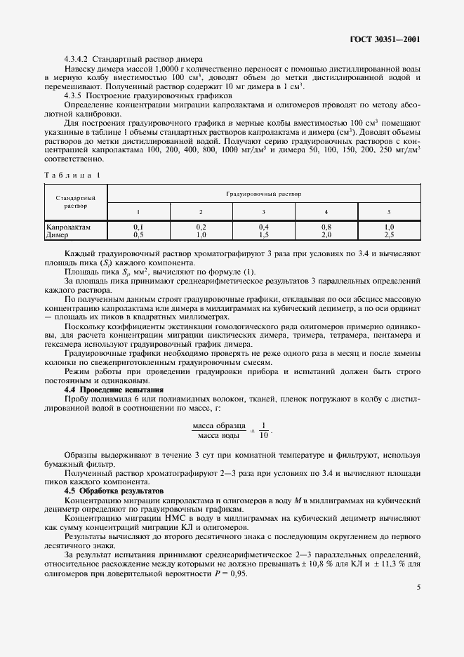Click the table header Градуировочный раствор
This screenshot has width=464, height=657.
(263, 192)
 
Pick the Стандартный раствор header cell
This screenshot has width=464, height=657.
(75, 201)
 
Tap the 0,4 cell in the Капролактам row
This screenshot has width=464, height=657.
(263, 227)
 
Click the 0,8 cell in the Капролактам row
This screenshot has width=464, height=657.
(326, 227)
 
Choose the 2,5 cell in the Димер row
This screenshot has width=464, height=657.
(389, 235)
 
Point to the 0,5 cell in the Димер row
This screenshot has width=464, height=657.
(138, 235)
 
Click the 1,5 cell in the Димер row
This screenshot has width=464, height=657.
(263, 235)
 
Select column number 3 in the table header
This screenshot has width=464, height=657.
(263, 211)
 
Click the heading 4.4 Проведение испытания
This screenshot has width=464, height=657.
(114, 390)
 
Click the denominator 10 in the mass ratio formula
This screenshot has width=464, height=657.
(264, 436)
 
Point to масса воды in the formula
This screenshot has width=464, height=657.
(218, 436)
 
